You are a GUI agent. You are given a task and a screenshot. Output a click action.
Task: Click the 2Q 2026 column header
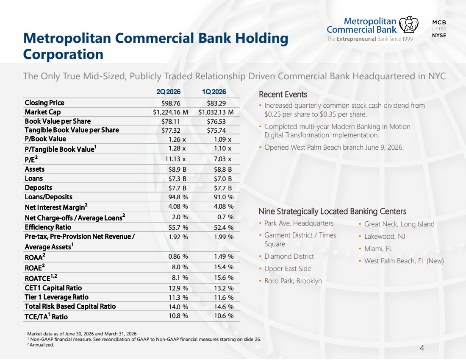[x=168, y=92]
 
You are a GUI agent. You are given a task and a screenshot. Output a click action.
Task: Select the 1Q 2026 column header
[x=214, y=92]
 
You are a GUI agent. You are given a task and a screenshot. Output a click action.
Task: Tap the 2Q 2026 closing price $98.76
[x=171, y=103]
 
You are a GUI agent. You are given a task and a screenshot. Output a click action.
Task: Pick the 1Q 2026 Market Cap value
[x=216, y=112]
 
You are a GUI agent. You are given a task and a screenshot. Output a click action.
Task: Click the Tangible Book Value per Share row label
[x=72, y=130]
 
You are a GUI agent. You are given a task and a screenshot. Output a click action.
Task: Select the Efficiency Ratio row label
[x=48, y=227]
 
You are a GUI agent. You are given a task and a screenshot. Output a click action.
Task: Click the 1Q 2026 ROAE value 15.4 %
[x=224, y=267]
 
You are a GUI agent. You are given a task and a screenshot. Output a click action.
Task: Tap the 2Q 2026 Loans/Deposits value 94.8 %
[x=178, y=197]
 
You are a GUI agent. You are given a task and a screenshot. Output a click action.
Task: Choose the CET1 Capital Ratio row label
[x=53, y=288]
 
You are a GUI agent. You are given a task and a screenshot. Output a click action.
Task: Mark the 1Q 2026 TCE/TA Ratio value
[x=224, y=315]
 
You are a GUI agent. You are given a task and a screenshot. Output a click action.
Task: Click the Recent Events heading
[x=283, y=94]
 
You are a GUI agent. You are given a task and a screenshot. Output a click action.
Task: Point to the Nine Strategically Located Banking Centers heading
[x=332, y=211]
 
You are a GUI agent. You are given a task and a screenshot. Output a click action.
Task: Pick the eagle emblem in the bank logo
[x=409, y=25]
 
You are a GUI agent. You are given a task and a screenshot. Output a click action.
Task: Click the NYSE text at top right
[x=439, y=35]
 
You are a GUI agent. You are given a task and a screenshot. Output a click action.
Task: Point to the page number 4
[x=422, y=348]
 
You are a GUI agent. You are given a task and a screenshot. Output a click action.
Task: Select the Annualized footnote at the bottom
[x=41, y=345]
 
